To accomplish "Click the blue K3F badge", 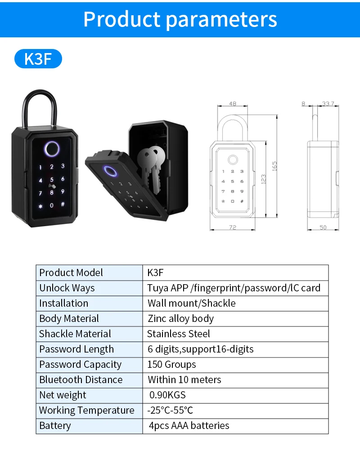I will coord(38,59).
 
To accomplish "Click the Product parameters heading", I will coord(180,19).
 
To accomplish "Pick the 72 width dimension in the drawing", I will coord(232,228).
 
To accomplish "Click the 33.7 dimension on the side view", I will coord(328,104).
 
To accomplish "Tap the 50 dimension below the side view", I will coord(323,228).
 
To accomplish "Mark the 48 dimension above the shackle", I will coord(232,104).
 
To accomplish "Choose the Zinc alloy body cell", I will coord(180,318).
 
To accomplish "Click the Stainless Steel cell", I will coord(179,334).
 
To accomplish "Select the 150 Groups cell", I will coord(171,364).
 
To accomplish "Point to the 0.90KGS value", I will coord(167,395).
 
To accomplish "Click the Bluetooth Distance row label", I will coord(81,380).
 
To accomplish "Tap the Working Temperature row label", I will coord(86,410).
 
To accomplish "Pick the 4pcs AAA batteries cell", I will coord(189,425).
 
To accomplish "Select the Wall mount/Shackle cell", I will coord(191,303).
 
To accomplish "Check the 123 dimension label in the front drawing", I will coord(264,179).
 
